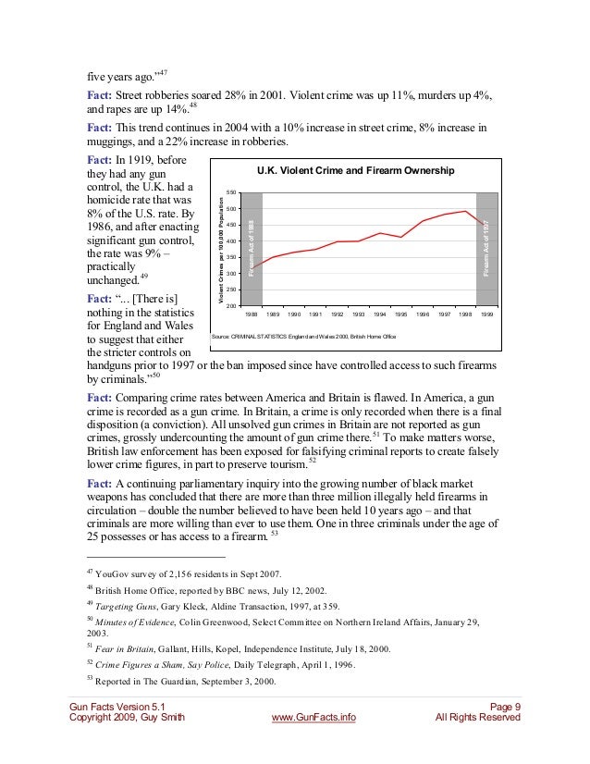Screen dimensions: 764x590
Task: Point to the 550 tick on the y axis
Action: [x=231, y=192]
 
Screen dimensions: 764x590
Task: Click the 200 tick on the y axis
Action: [x=231, y=305]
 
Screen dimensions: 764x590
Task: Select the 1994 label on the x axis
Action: [x=380, y=314]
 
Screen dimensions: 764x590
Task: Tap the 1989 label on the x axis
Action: [x=274, y=314]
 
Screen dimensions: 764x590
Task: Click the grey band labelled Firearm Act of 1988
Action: [x=252, y=248]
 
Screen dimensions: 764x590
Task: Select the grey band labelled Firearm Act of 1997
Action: [x=486, y=248]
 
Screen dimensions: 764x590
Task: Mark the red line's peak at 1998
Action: [x=465, y=211]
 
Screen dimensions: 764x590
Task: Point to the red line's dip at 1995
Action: [x=401, y=238]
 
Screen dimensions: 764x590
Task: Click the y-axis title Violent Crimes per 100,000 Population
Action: [x=221, y=248]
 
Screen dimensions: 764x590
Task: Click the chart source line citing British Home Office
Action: [x=303, y=337]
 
